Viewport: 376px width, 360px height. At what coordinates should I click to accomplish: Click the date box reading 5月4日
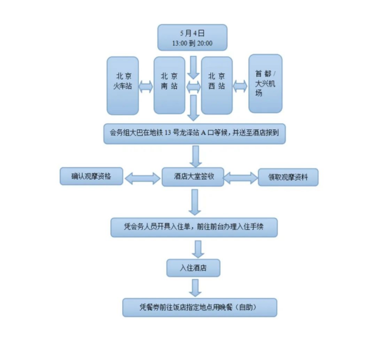[x=192, y=33]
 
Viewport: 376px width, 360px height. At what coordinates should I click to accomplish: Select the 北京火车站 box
[x=123, y=86]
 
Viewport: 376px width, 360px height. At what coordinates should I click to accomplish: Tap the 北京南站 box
[x=169, y=86]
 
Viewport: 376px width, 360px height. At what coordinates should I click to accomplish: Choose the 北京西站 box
[x=216, y=86]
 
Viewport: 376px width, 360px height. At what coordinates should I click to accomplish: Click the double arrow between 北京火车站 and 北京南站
[x=146, y=86]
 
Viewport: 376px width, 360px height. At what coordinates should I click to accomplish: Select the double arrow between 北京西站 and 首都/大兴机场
[x=240, y=86]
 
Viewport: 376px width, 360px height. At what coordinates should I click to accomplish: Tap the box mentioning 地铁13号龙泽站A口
[x=194, y=133]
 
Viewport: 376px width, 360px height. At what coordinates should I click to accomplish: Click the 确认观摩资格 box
[x=91, y=176]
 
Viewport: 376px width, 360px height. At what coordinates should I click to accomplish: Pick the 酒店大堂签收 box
[x=193, y=176]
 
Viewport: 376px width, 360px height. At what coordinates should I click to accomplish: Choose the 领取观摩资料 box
[x=288, y=177]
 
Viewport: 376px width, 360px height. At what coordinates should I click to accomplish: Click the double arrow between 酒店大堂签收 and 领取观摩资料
[x=241, y=178]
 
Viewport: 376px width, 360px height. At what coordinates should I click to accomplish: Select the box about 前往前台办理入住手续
[x=194, y=227]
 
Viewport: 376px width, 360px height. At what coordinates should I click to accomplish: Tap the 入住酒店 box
[x=193, y=267]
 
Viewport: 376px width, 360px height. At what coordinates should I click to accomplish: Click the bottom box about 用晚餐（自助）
[x=200, y=307]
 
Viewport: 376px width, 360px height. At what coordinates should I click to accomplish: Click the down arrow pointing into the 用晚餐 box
[x=194, y=288]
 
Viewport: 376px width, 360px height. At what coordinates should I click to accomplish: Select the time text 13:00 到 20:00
[x=192, y=43]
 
